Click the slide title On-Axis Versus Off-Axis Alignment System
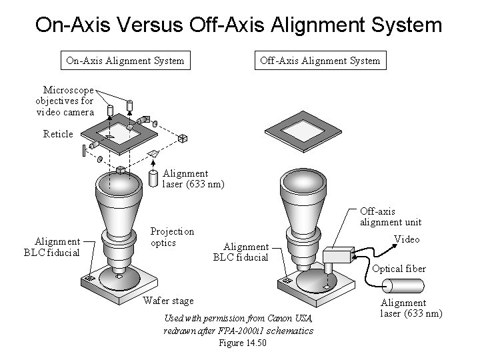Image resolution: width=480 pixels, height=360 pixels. pos(239,25)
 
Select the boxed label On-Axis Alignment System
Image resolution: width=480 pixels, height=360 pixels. pos(125,61)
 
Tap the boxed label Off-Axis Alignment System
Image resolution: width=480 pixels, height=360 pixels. pos(320,61)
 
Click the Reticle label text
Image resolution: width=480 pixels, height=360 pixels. pos(58,134)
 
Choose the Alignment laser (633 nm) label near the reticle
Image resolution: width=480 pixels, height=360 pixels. pos(193,179)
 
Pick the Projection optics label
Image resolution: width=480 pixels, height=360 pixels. pos(172,237)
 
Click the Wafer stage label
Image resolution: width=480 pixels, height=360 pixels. pos(168,300)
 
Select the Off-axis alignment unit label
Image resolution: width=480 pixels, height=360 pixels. pos(391,217)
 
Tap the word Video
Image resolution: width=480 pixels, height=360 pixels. pos(407,239)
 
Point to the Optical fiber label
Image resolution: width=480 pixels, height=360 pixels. pos(399,269)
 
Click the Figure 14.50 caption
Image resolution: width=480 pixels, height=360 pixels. pos(242,343)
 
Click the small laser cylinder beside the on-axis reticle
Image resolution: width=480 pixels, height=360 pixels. pos(154,178)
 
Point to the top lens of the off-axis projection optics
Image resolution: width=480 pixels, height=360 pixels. pos(305,181)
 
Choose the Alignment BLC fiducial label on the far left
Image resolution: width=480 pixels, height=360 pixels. pos(57,247)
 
